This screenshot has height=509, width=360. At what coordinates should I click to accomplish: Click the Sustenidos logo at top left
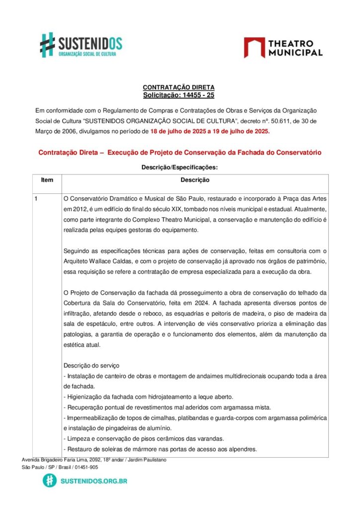coord(81,45)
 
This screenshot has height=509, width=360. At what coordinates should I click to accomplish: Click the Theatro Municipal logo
coord(283,48)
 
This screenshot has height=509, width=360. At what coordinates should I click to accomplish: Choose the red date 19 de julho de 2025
coord(240,132)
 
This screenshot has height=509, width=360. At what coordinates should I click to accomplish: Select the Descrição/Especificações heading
coord(180,168)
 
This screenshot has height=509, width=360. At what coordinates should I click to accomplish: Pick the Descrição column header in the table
coord(195,180)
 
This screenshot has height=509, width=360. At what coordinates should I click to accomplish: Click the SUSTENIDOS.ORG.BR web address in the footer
coord(93,481)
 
